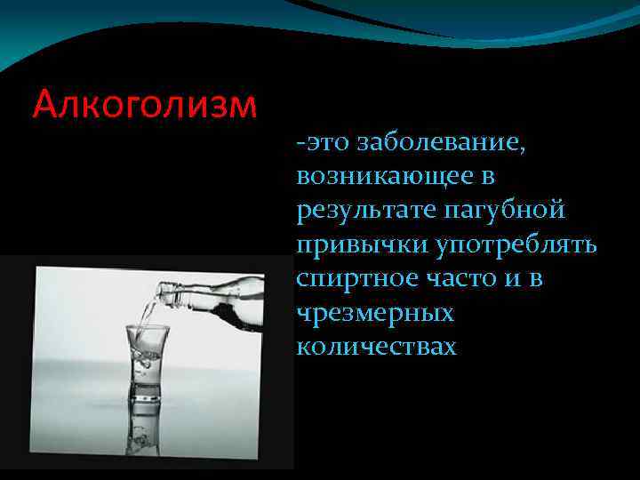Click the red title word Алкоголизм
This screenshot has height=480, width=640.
tap(144, 104)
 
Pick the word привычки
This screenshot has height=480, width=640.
tap(353, 245)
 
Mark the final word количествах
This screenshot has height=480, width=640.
tap(377, 347)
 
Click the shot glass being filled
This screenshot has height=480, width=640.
tap(147, 360)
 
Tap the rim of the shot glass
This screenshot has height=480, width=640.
tap(147, 330)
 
